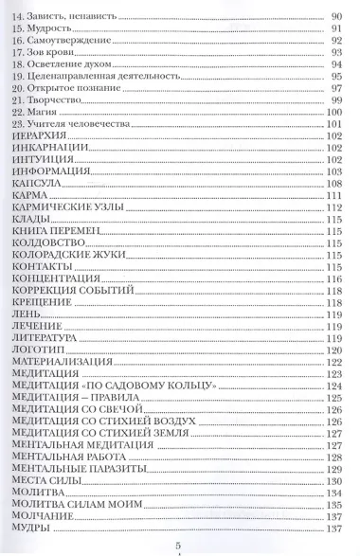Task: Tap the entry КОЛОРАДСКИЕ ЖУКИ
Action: pos(64,255)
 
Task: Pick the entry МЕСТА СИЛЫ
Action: pos(40,480)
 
